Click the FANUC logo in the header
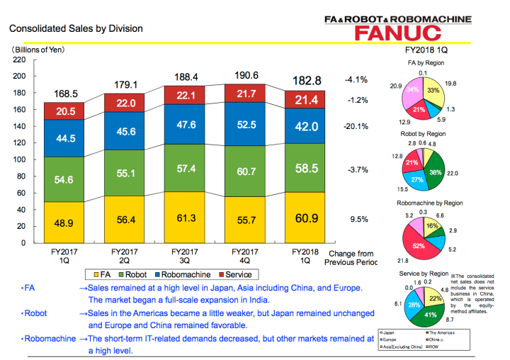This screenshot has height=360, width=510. (x=400, y=33)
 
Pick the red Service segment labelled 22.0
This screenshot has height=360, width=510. (x=125, y=103)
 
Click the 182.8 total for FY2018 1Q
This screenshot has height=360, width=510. (x=301, y=81)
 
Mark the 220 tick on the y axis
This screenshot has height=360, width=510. (x=19, y=60)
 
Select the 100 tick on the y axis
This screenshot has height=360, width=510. (x=19, y=159)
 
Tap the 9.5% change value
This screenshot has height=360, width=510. (x=359, y=220)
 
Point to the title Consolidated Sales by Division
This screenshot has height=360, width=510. (x=75, y=29)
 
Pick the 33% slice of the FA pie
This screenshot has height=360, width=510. (x=433, y=91)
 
